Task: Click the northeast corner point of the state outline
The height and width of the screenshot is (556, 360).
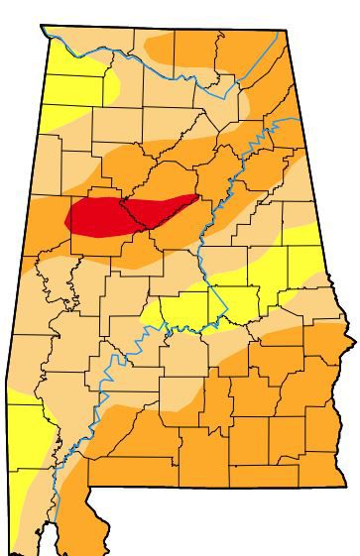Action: click(x=287, y=31)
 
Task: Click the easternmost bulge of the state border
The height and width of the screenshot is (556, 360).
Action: click(x=354, y=343)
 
